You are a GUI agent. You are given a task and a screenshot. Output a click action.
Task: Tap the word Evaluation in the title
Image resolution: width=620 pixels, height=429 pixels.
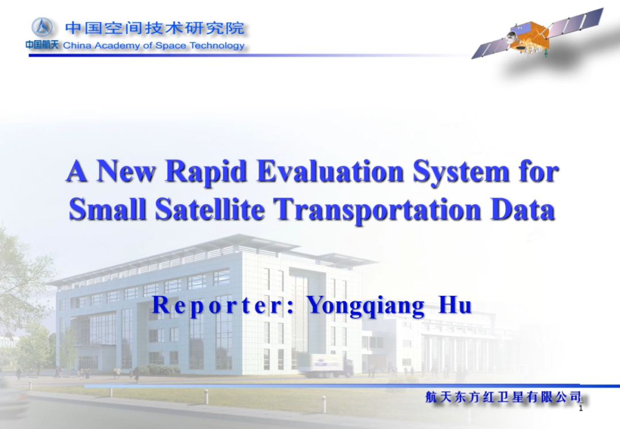tap(330, 171)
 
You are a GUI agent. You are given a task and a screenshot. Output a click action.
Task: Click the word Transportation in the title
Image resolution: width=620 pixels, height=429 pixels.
tap(378, 210)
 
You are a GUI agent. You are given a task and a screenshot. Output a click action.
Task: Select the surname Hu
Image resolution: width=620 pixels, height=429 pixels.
tap(455, 305)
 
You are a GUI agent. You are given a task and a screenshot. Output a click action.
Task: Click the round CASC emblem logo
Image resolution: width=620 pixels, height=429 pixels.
tap(42, 28)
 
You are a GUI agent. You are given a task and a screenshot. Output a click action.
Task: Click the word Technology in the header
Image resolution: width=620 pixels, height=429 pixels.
tap(217, 45)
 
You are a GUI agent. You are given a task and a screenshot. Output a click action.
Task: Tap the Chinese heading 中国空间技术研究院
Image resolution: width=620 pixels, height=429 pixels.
tap(154, 28)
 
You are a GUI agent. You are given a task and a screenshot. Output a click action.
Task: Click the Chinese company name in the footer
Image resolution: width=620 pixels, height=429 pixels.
tap(503, 397)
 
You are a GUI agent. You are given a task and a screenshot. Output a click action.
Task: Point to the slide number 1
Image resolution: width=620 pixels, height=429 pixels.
tap(580, 408)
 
